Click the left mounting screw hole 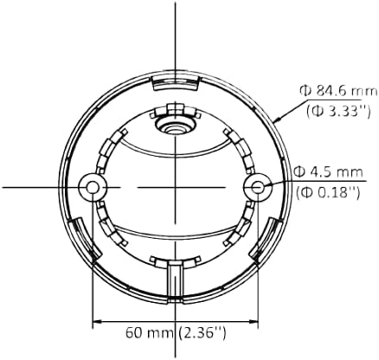93,186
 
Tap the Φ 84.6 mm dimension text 328,90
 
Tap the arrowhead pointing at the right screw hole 267,184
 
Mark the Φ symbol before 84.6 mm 305,90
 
